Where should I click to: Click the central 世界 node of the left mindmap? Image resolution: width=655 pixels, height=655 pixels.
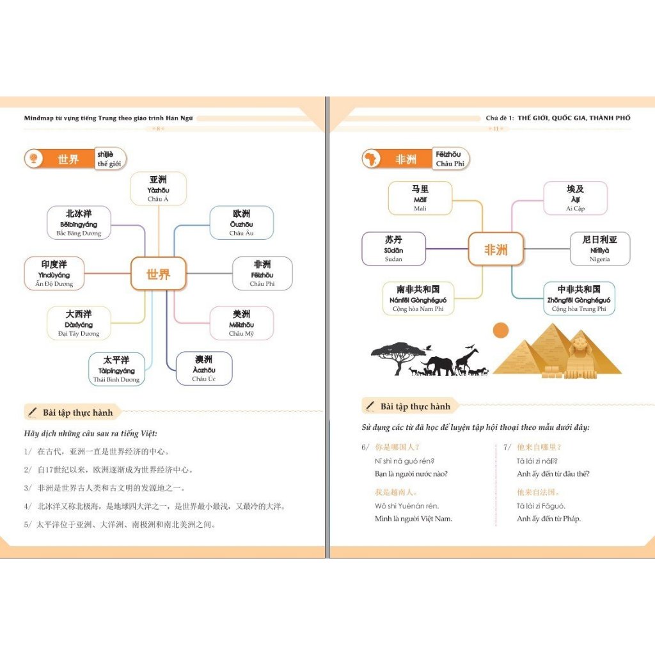(158, 274)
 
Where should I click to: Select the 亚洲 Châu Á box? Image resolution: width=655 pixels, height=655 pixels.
(158, 189)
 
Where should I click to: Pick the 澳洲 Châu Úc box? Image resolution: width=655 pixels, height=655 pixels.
(203, 368)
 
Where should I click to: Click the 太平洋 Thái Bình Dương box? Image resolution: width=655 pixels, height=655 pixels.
(117, 369)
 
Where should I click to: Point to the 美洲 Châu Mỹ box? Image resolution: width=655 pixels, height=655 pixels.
(241, 323)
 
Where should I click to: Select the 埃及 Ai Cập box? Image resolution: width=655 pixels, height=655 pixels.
(575, 198)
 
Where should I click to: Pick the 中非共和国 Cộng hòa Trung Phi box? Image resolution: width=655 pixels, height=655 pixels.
(578, 299)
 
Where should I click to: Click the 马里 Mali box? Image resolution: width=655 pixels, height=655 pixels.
(420, 198)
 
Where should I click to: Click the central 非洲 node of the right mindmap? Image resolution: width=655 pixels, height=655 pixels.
(496, 249)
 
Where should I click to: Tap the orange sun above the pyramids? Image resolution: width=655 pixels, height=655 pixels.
(501, 330)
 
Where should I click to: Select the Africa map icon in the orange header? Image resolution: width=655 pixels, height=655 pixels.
(370, 159)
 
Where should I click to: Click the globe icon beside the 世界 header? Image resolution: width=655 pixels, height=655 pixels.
(33, 159)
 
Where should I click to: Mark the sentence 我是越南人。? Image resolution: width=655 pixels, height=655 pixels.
(397, 492)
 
